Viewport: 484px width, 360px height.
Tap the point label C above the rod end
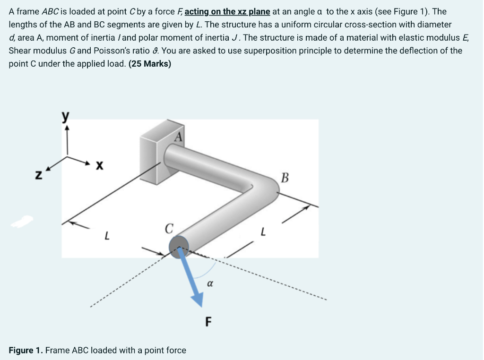(x=168, y=229)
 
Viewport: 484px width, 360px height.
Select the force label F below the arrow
(x=208, y=322)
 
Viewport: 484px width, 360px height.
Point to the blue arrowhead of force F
(x=198, y=299)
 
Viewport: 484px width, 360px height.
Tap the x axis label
(x=99, y=165)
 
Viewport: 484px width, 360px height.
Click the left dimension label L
(x=108, y=234)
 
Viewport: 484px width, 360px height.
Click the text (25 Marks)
(x=150, y=64)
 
